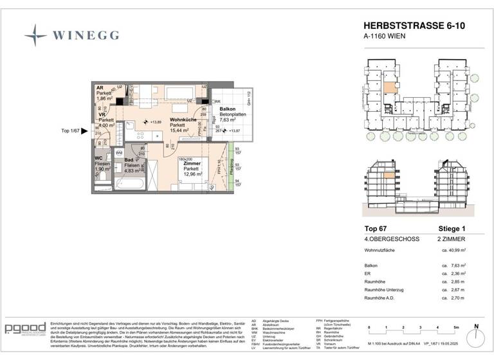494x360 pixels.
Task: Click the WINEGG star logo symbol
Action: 36,35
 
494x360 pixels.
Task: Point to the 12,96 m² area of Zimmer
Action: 193,174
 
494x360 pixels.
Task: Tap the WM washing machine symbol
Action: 118,153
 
